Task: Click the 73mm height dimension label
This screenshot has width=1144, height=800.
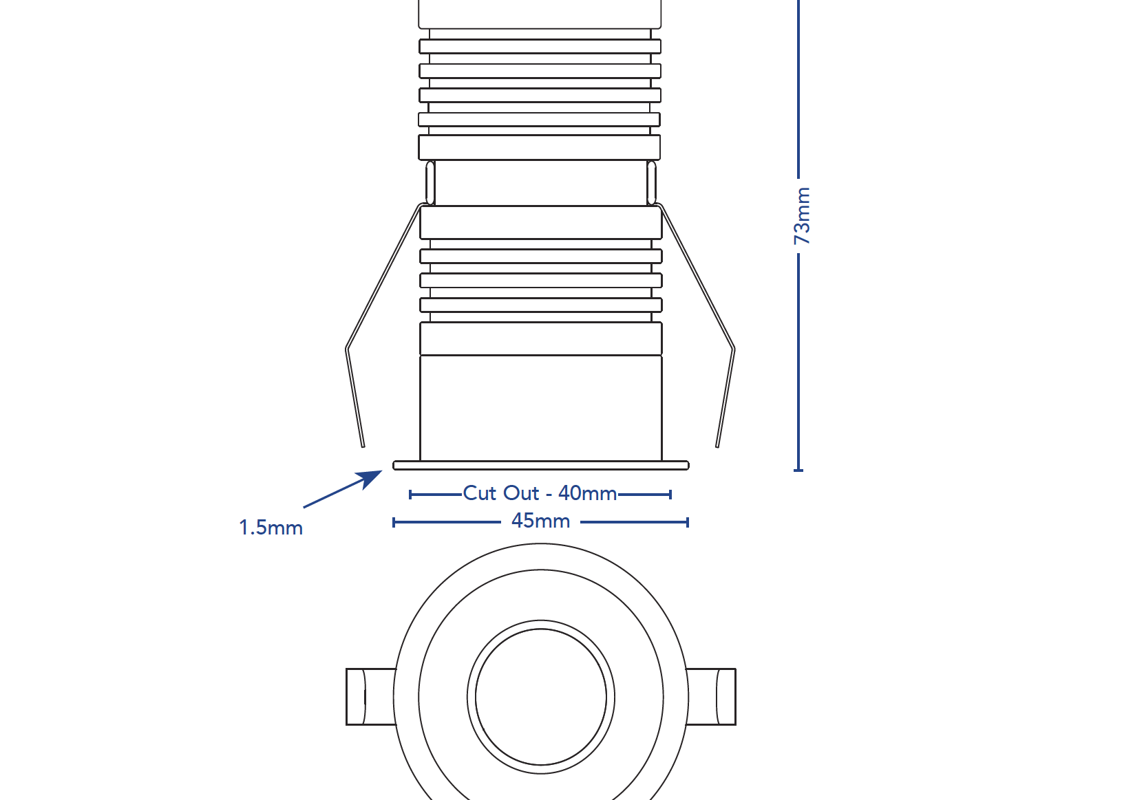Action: [x=802, y=215]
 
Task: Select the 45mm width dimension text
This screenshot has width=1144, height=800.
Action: [x=540, y=521]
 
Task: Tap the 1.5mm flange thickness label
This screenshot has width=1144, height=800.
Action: [x=271, y=528]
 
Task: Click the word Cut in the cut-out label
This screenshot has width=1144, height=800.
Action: [x=479, y=493]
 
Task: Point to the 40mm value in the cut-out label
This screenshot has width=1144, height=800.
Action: [x=587, y=493]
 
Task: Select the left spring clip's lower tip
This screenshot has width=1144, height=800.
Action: [x=362, y=444]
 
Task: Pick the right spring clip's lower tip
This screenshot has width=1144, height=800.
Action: [x=717, y=444]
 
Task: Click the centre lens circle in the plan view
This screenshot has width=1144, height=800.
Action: [x=541, y=697]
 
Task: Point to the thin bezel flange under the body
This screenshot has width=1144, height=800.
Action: [x=541, y=466]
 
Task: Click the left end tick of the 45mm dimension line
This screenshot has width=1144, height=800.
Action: [x=394, y=522]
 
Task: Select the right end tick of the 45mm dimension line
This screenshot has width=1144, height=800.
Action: [x=687, y=522]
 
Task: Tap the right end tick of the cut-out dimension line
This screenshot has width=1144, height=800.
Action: [x=670, y=494]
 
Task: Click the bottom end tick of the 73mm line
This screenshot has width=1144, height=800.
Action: [x=798, y=470]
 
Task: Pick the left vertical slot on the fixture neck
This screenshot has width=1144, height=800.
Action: [x=430, y=182]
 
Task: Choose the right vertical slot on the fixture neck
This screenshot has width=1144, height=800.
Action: [x=651, y=182]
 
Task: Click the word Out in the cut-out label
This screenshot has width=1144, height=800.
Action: [x=520, y=493]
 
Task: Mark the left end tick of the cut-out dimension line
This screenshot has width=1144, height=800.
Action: [x=410, y=494]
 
